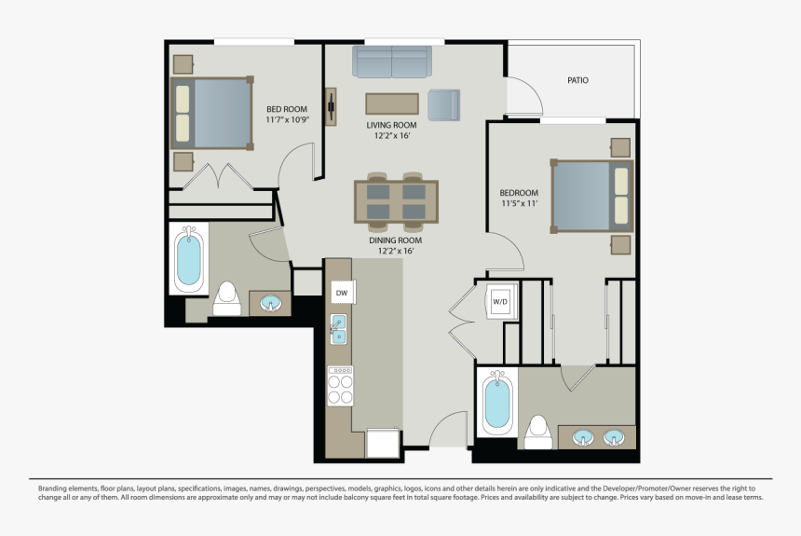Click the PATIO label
(x=577, y=80)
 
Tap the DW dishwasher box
(x=343, y=293)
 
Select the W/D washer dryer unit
(x=501, y=301)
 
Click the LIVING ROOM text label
(x=391, y=125)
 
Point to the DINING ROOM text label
(x=396, y=240)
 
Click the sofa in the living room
(x=392, y=62)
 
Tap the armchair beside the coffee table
(x=443, y=104)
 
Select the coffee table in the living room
(x=392, y=103)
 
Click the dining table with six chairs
(x=396, y=201)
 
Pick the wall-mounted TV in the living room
(x=331, y=106)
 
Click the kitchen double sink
(x=338, y=329)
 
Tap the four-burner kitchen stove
(x=340, y=386)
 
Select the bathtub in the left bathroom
(x=188, y=258)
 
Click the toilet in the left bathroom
(x=227, y=298)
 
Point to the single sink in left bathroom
(x=271, y=304)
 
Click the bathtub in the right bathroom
(x=497, y=403)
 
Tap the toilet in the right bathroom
(x=538, y=433)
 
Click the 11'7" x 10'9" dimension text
(x=288, y=119)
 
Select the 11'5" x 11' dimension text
(x=519, y=203)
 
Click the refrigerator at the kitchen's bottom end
(x=383, y=443)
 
